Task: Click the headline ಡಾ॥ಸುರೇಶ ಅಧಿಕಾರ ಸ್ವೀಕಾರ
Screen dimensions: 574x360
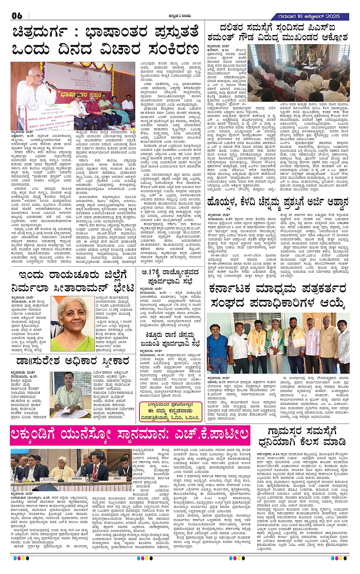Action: point(72,360)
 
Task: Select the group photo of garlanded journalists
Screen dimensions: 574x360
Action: point(278,343)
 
